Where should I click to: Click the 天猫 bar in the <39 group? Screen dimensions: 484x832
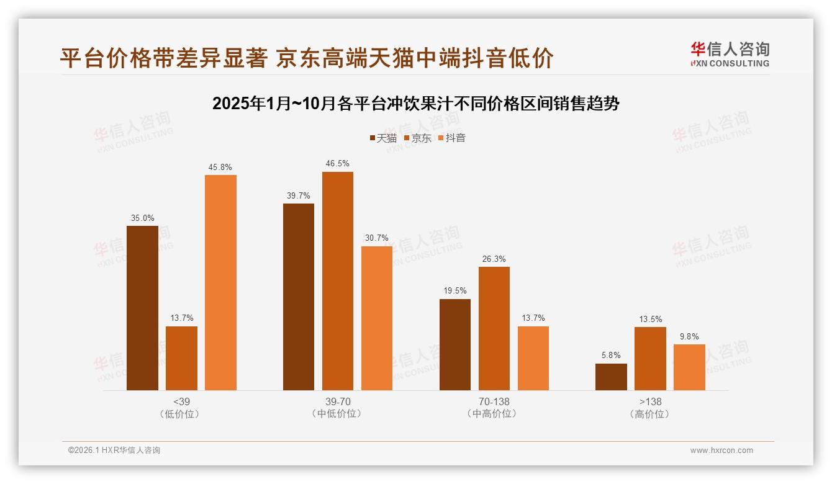pyautogui.click(x=142, y=308)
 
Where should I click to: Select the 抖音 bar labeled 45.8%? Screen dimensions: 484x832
pyautogui.click(x=220, y=282)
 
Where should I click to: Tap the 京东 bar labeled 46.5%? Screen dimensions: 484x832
pyautogui.click(x=337, y=280)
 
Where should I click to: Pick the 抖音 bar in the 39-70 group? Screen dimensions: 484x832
pyautogui.click(x=377, y=318)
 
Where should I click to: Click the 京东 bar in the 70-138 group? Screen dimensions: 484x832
pyautogui.click(x=494, y=328)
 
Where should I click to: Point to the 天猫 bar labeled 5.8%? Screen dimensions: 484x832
pyautogui.click(x=611, y=377)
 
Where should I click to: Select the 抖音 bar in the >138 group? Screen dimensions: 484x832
pyautogui.click(x=689, y=367)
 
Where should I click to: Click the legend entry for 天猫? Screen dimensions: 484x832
pyautogui.click(x=383, y=138)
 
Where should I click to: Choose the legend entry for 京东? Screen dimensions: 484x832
pyautogui.click(x=418, y=138)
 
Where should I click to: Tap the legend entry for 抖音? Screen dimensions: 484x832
pyautogui.click(x=452, y=138)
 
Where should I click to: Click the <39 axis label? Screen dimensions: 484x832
pyautogui.click(x=181, y=401)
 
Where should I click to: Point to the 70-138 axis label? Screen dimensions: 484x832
pyautogui.click(x=494, y=401)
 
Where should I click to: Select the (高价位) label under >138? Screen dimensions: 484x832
pyautogui.click(x=649, y=414)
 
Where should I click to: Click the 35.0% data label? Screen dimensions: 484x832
pyautogui.click(x=142, y=218)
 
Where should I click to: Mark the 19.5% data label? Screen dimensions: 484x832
pyautogui.click(x=454, y=290)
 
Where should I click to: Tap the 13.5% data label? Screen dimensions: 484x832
pyautogui.click(x=649, y=319)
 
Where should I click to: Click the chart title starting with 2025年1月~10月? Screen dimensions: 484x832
pyautogui.click(x=415, y=103)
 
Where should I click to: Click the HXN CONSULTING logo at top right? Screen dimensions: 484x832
pyautogui.click(x=730, y=54)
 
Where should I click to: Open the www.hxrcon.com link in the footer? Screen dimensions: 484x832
pyautogui.click(x=721, y=450)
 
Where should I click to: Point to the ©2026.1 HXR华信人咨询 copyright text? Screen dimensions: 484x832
pyautogui.click(x=114, y=450)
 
